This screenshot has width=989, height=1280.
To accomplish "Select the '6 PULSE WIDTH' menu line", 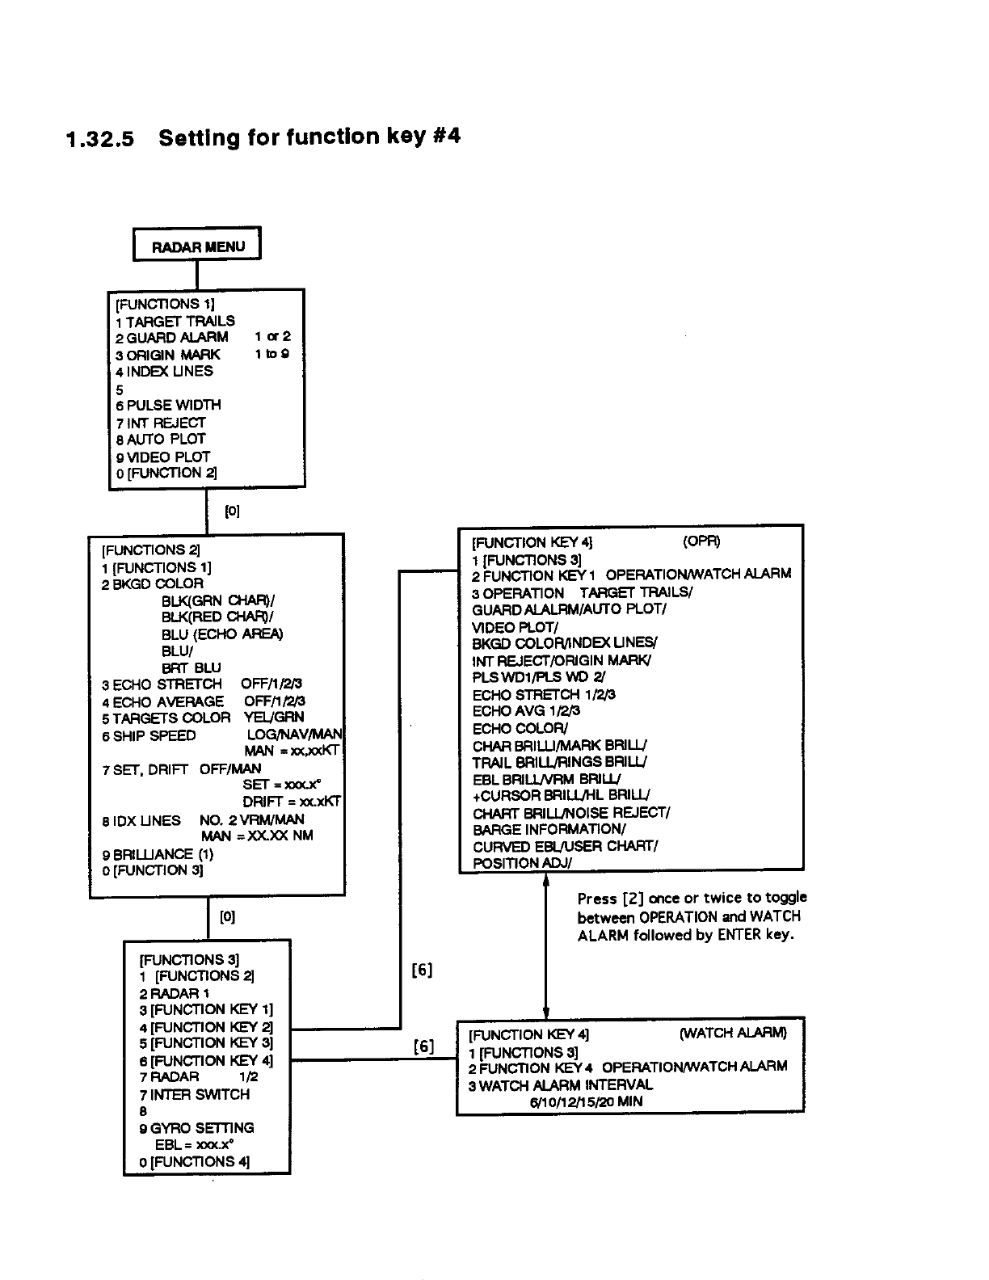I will pyautogui.click(x=168, y=405).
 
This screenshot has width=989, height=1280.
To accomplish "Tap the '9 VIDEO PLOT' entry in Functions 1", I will pyautogui.click(x=163, y=457).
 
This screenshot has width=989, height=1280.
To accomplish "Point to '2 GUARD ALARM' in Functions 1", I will pyautogui.click(x=172, y=337).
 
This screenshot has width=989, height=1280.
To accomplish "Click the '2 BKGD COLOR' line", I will pyautogui.click(x=153, y=583).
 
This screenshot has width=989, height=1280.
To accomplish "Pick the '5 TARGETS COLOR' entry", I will pyautogui.click(x=166, y=718).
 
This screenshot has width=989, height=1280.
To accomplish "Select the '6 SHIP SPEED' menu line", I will pyautogui.click(x=149, y=735).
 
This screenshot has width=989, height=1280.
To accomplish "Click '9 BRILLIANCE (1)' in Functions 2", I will pyautogui.click(x=158, y=854).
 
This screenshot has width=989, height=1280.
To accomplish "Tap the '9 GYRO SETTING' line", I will pyautogui.click(x=196, y=1127).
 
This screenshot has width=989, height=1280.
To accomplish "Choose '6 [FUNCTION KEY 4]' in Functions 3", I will pyautogui.click(x=206, y=1060).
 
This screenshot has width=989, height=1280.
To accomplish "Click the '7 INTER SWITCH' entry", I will pyautogui.click(x=195, y=1094).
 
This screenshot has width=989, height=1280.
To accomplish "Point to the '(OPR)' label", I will pyautogui.click(x=701, y=541).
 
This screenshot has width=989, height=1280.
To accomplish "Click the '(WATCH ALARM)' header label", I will pyautogui.click(x=733, y=1033).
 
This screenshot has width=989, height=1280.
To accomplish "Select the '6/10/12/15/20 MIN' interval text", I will pyautogui.click(x=587, y=1101).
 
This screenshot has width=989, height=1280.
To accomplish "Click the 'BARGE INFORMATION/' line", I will pyautogui.click(x=549, y=829).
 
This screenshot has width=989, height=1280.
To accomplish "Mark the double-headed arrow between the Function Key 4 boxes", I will pyautogui.click(x=546, y=949).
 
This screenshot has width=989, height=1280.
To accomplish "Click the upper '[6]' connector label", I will pyautogui.click(x=422, y=970).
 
